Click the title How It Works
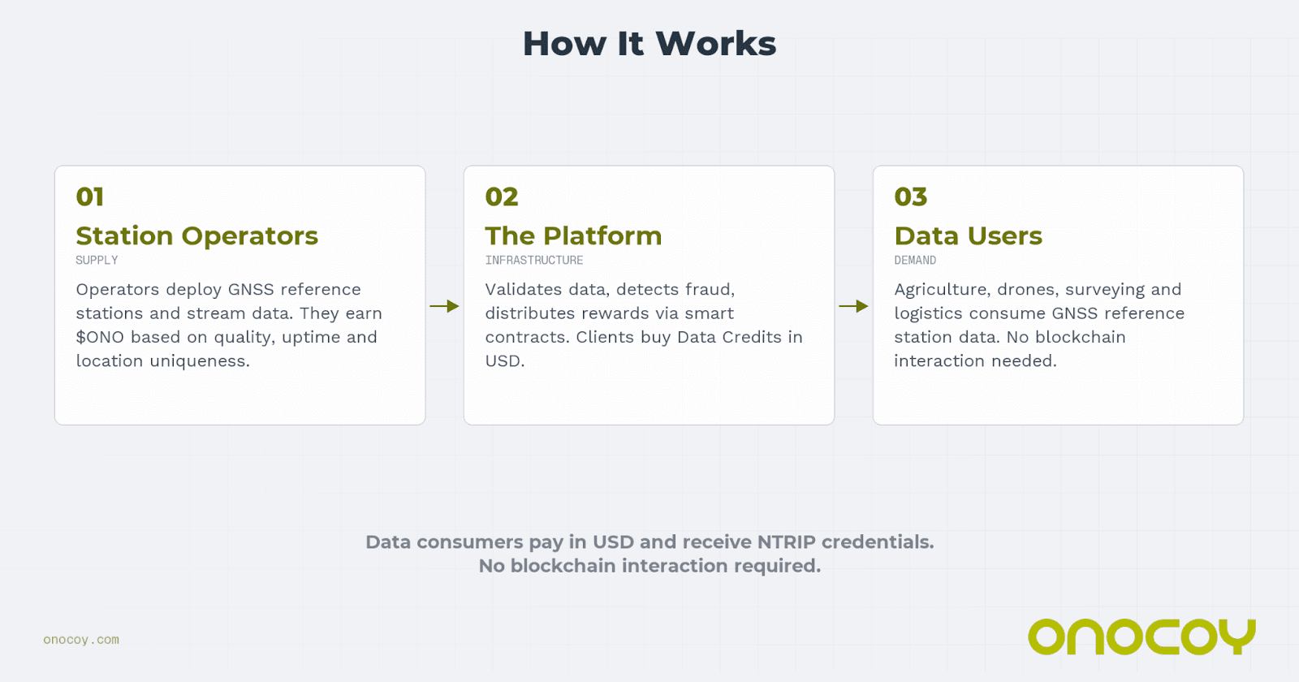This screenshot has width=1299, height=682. click(649, 44)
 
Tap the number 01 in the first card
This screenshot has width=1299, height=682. click(90, 196)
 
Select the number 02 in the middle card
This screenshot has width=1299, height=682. click(502, 196)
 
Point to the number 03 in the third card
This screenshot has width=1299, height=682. click(911, 196)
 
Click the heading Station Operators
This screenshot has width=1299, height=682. click(197, 235)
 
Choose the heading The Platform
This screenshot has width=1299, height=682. click(573, 235)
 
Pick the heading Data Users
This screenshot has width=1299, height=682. click(969, 235)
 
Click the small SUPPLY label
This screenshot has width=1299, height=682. click(97, 261)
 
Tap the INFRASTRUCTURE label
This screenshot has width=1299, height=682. click(534, 261)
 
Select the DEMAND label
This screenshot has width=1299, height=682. click(915, 261)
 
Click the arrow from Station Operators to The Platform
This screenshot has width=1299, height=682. click(444, 306)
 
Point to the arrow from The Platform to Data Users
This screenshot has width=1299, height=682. click(853, 306)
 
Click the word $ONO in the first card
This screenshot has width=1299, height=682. click(100, 337)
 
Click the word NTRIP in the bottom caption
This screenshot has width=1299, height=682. click(786, 542)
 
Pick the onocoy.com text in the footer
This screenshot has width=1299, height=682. click(81, 640)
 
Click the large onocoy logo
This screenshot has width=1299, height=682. click(1141, 637)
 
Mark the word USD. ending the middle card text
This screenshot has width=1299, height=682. click(505, 361)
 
